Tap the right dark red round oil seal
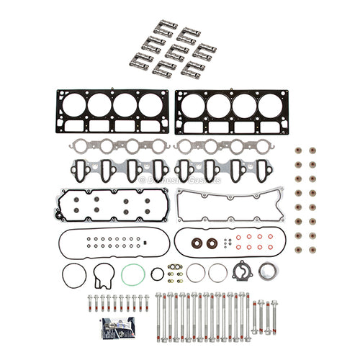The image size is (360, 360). tap(212, 243)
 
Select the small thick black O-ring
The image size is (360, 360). tap(157, 274)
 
